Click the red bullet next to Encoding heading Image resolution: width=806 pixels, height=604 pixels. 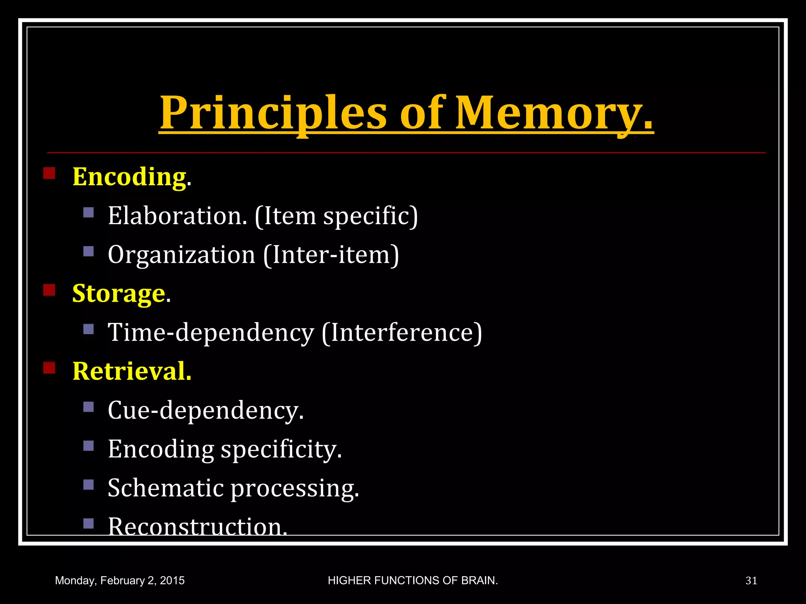(49, 173)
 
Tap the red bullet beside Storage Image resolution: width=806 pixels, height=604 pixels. (49, 290)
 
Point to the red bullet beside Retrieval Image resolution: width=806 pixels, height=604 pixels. (49, 368)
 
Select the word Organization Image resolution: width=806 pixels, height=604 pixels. (181, 254)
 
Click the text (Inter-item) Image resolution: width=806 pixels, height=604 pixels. (331, 254)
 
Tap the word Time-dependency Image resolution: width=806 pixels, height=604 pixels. (211, 332)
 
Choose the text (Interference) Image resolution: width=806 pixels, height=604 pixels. (402, 332)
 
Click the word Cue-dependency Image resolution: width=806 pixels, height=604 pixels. (205, 410)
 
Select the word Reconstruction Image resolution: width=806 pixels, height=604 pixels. (197, 526)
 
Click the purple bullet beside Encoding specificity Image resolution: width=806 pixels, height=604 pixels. (89, 446)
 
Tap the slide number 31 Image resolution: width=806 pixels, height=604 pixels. (751, 581)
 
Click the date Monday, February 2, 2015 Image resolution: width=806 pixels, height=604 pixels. (120, 581)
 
